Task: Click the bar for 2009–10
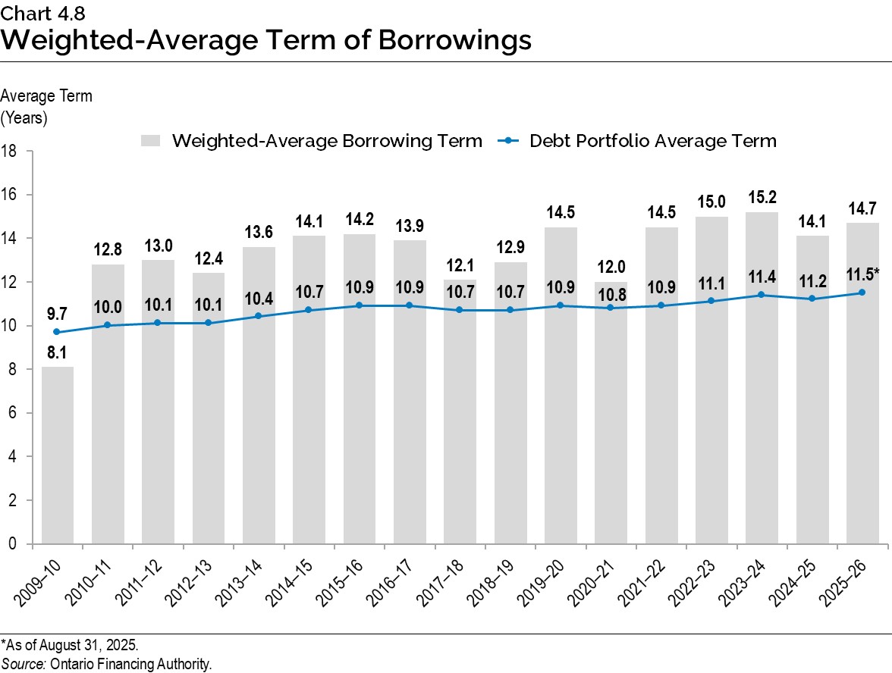coord(57,455)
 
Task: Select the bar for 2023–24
coord(762,424)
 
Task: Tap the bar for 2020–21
coord(611,440)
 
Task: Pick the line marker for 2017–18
coord(460,310)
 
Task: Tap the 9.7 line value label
coord(57,312)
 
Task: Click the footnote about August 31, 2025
coord(70,646)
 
